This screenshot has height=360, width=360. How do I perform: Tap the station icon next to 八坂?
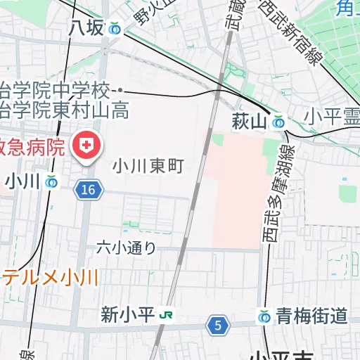[115, 29]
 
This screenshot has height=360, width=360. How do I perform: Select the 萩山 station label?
[250, 122]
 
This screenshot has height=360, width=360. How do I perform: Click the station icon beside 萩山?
[279, 122]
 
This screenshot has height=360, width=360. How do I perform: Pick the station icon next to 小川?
[51, 181]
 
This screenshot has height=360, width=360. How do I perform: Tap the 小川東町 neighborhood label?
[148, 166]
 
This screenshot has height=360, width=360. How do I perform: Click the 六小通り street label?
[126, 247]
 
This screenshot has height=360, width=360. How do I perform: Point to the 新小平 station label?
[127, 314]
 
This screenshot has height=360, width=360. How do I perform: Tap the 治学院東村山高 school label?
[63, 110]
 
